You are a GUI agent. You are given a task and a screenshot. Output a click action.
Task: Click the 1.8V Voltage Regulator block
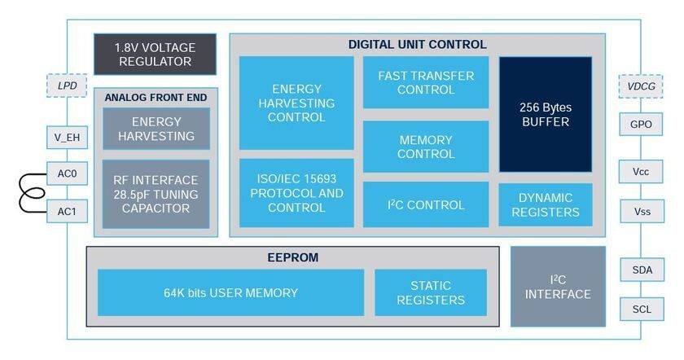[x=155, y=54]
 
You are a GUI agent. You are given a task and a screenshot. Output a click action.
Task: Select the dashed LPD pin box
[x=67, y=86]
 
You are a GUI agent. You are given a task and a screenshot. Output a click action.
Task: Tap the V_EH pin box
[x=67, y=138]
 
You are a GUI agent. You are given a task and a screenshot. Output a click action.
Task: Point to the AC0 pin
[x=67, y=173]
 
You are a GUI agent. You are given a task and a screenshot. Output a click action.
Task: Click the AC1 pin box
[x=67, y=211]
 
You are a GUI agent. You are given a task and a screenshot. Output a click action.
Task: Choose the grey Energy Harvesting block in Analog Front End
[x=156, y=129]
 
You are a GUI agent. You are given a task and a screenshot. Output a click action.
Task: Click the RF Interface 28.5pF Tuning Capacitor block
[x=156, y=194]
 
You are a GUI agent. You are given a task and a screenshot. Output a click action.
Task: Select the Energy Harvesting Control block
[x=296, y=103]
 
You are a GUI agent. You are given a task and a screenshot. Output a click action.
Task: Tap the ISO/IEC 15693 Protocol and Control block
[x=296, y=193]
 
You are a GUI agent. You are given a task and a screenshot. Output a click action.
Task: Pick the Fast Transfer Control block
[x=426, y=82]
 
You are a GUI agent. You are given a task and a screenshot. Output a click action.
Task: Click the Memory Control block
[x=426, y=147]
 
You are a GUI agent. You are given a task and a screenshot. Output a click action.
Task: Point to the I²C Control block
[x=426, y=204]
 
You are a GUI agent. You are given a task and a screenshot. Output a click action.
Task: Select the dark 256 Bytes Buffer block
[x=546, y=114]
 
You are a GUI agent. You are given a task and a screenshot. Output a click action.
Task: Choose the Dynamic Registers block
[x=546, y=204]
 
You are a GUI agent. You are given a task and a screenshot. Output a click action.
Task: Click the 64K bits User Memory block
[x=230, y=292]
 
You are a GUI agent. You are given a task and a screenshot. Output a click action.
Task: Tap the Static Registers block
[x=431, y=292]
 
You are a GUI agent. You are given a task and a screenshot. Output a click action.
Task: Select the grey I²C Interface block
[x=558, y=287]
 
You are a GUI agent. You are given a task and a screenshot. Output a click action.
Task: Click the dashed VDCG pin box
[x=641, y=86]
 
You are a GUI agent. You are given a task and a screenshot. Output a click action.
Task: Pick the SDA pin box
[x=642, y=270]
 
